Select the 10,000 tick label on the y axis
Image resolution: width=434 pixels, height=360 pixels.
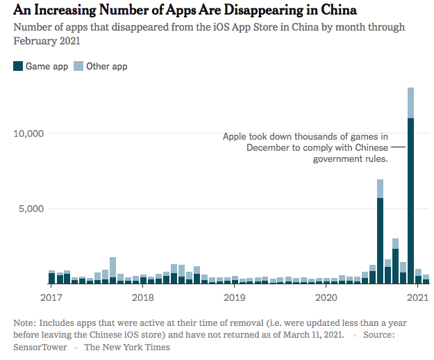pos(28,133)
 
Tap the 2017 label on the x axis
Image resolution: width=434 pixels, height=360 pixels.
pos(51,297)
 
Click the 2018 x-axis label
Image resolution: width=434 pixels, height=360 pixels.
pos(142,297)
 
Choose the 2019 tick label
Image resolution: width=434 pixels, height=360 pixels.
pos(235,297)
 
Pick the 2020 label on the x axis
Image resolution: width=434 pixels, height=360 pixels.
pos(326,297)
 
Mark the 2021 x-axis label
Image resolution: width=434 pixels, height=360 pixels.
pos(417,297)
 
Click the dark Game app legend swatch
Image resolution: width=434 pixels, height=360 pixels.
pos(18,67)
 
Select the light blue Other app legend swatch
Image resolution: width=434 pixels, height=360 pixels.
pos(78,67)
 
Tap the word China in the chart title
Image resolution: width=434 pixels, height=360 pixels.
pos(338,10)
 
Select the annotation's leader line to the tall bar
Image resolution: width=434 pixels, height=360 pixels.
pos(398,147)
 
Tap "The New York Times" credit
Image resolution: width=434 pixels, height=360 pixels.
pos(127,347)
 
